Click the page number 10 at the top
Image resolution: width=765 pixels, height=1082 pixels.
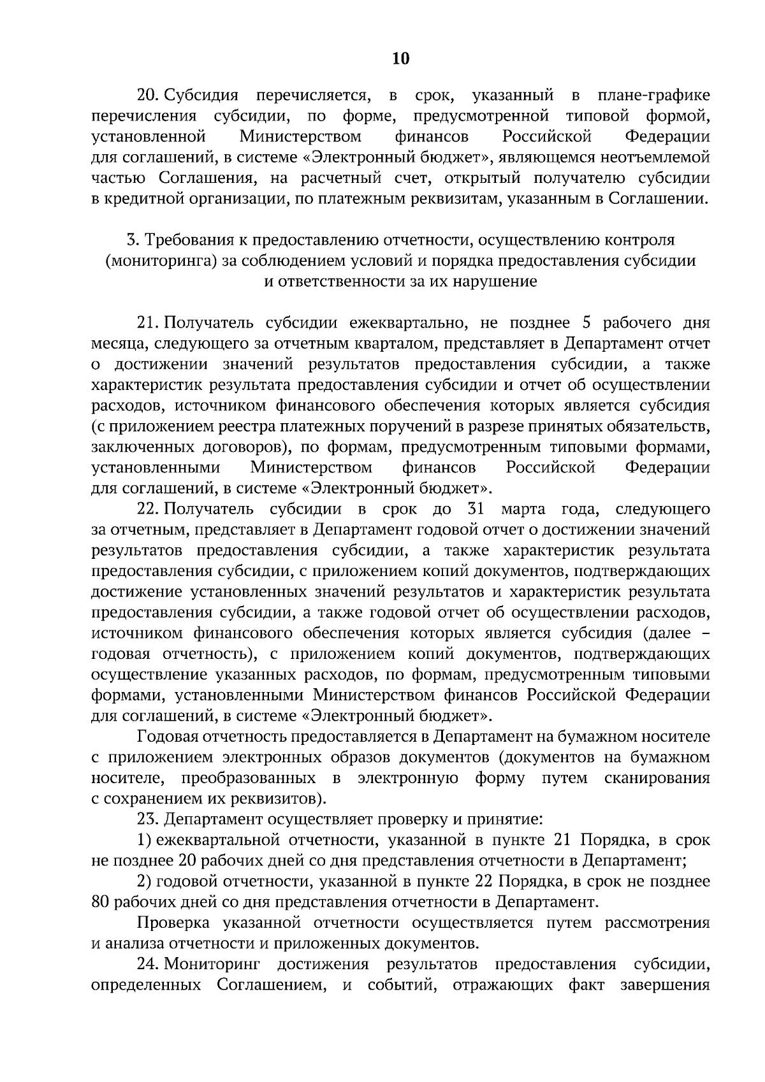coord(400,59)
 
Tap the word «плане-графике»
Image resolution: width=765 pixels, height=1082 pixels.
coord(653,96)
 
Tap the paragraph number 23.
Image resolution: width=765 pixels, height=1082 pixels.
coord(147,819)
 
